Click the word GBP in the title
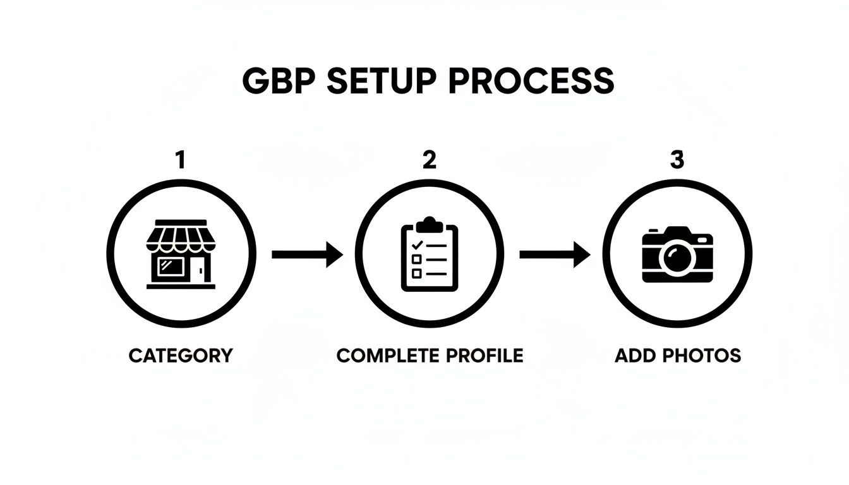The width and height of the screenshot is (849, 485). pyautogui.click(x=278, y=80)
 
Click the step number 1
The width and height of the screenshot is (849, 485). pyautogui.click(x=181, y=160)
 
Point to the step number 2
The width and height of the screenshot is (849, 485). pyautogui.click(x=429, y=160)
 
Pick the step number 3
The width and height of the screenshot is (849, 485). pyautogui.click(x=677, y=160)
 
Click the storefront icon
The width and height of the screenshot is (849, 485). pyautogui.click(x=181, y=254)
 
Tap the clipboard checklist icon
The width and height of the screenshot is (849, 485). pyautogui.click(x=430, y=254)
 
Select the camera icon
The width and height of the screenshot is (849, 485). pyautogui.click(x=677, y=254)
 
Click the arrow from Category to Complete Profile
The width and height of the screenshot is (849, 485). pyautogui.click(x=307, y=254)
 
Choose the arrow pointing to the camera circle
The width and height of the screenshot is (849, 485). pyautogui.click(x=555, y=254)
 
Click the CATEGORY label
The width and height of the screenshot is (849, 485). pyautogui.click(x=181, y=356)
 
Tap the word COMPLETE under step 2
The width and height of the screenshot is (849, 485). pyautogui.click(x=389, y=356)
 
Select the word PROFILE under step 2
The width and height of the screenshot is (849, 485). pyautogui.click(x=485, y=356)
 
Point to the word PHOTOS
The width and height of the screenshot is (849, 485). pyautogui.click(x=698, y=356)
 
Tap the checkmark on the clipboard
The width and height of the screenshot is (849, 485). pyautogui.click(x=416, y=244)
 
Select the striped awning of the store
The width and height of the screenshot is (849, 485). pyautogui.click(x=181, y=237)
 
